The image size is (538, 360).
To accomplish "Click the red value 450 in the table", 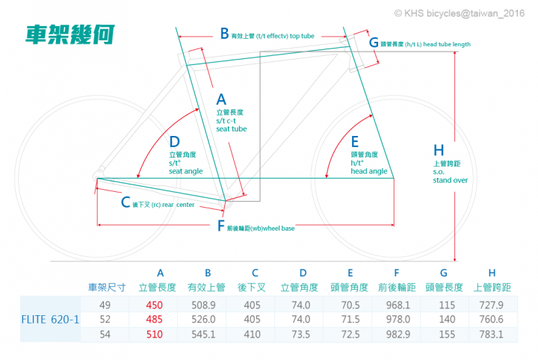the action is pos(155,305).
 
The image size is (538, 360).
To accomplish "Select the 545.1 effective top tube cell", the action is pos(203,335).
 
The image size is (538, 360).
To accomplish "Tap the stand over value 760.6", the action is pos(492,319).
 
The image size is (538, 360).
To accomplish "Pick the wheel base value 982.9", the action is pos(398,335).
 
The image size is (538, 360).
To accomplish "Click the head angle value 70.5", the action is pos(350,305).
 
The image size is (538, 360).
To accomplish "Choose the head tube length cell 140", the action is pos(447,319).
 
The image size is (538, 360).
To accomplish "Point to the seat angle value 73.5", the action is pos(301,335).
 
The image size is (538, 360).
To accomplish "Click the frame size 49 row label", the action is pos(105,305).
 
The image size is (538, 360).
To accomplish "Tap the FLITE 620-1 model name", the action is pos(50,320).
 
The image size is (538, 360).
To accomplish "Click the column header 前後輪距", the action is pos(397,288).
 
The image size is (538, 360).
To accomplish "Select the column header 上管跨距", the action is pos(492,288).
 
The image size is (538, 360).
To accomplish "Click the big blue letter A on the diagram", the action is pos(221,99).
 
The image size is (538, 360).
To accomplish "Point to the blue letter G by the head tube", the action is pos(374,43).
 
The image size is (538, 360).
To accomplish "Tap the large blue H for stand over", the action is pos(439,150).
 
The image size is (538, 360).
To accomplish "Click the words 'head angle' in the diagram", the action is pos(369,171).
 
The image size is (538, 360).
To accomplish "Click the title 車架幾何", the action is pos(70,34).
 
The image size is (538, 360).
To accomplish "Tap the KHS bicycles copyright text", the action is pos(460,13).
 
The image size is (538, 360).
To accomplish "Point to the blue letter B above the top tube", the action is pos(224,34).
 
